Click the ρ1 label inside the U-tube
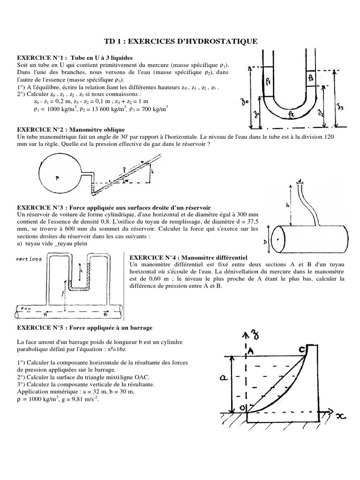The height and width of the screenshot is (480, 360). (x=268, y=82)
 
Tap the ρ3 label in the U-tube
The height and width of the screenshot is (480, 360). (x=312, y=77)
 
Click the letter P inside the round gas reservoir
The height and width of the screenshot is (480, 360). (x=57, y=178)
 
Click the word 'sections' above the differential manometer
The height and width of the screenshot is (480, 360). (x=29, y=259)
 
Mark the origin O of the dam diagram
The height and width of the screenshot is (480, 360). (x=243, y=408)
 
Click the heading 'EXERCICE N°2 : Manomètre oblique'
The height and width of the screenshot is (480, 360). (x=71, y=129)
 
